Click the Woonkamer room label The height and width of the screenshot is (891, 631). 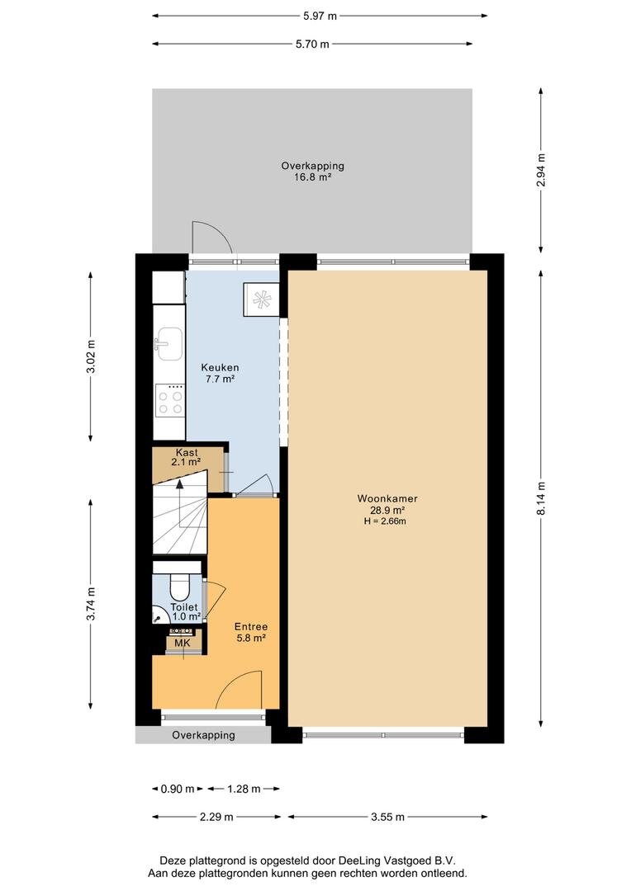[387, 498]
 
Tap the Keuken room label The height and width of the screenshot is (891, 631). [220, 368]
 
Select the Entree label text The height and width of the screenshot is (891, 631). [251, 627]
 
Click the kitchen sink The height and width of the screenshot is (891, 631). [169, 343]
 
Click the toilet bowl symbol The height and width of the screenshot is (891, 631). [180, 587]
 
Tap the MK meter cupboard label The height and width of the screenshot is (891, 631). [182, 643]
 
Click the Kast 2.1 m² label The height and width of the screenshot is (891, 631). [186, 457]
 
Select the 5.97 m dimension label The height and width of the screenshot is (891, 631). [320, 16]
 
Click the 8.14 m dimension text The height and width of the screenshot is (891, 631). [540, 498]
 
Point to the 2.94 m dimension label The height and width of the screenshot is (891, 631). [540, 171]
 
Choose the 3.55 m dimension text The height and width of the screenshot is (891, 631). [387, 817]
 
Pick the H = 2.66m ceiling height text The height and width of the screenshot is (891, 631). [385, 521]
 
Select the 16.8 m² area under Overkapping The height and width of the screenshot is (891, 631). [312, 177]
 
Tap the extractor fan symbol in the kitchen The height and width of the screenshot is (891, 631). [262, 299]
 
